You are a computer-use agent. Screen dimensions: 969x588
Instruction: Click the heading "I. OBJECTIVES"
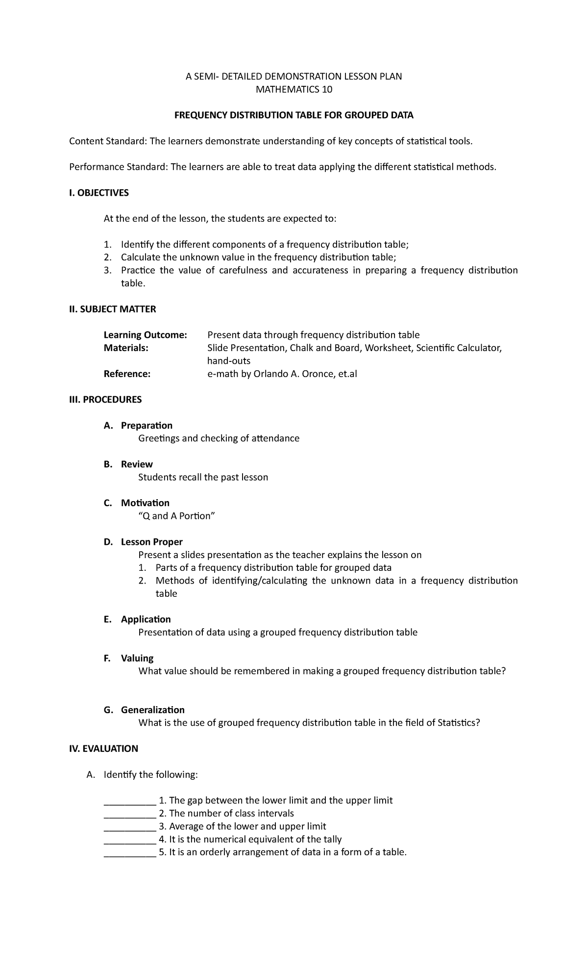tap(99, 193)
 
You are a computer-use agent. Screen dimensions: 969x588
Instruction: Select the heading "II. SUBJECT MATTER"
tap(112, 309)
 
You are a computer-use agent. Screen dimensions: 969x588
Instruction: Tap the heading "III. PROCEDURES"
tap(105, 399)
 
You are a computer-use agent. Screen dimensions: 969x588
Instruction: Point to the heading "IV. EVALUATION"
tap(103, 748)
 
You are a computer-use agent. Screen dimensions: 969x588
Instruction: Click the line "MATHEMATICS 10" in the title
tap(294, 89)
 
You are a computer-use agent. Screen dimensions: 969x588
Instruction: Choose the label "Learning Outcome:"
tap(146, 335)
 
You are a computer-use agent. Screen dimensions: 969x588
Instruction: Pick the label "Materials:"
tap(126, 348)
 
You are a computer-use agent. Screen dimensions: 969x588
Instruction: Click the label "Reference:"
tap(127, 374)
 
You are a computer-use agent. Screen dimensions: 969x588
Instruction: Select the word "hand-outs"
tap(229, 361)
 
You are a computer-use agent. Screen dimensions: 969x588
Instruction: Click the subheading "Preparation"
tap(147, 425)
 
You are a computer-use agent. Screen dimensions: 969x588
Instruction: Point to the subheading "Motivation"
tap(145, 503)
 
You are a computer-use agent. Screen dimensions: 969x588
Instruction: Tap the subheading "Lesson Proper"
tap(151, 542)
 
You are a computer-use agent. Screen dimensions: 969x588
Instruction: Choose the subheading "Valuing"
tap(137, 658)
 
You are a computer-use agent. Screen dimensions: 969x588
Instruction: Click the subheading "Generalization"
tap(153, 710)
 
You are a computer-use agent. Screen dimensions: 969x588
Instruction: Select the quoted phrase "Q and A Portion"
tap(177, 516)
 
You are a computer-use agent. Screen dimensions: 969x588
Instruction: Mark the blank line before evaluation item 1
tap(130, 801)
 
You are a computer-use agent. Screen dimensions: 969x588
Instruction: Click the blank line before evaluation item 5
tap(130, 852)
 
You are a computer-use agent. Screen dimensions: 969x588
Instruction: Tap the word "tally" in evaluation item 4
tap(330, 839)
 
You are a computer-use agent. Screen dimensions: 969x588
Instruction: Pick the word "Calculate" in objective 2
tap(141, 257)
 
